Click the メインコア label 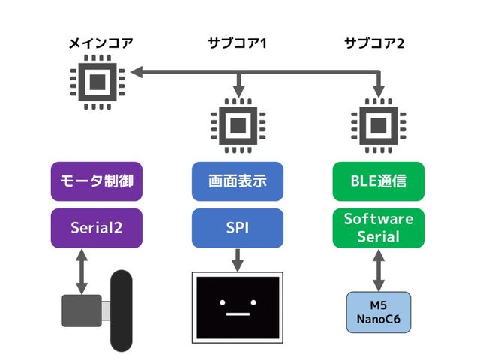coord(97,43)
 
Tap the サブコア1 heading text coord(238,43)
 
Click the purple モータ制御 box coord(97,181)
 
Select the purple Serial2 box coord(97,227)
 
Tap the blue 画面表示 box coord(238,181)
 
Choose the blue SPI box coord(238,227)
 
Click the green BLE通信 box coord(378,181)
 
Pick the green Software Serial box coord(378,228)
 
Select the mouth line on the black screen coord(238,313)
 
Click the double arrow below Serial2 coord(82,271)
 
